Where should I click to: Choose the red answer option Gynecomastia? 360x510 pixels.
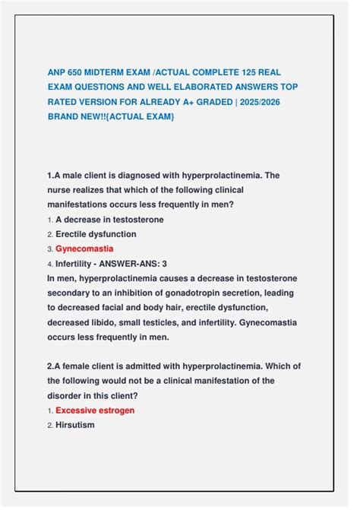coord(84,249)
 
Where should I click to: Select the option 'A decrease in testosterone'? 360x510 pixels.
coord(109,220)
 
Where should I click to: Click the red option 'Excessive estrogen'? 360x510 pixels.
coord(95,410)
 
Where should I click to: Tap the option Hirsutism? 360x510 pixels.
coord(74,425)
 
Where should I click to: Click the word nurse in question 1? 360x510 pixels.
coord(60,190)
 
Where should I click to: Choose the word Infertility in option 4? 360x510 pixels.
coord(76,263)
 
